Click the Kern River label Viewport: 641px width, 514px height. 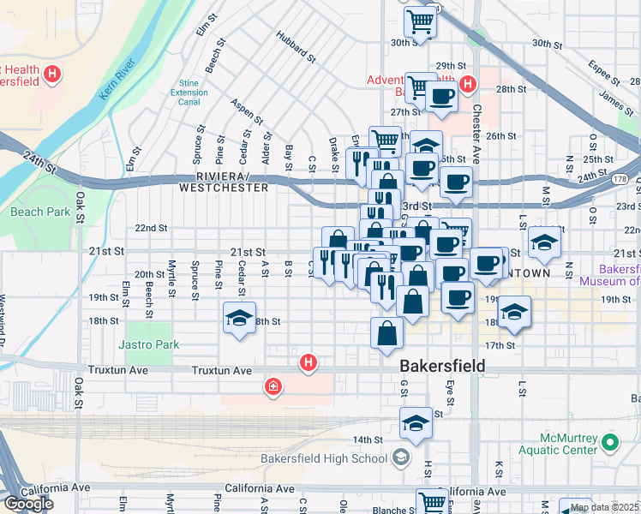coord(117,79)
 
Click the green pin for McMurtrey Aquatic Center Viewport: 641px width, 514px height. coord(610,443)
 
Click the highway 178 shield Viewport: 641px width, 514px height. coord(619,179)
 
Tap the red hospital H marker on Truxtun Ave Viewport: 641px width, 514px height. coord(309,364)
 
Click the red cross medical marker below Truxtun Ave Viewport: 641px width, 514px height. coord(273,388)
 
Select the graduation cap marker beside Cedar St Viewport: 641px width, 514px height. coord(239,320)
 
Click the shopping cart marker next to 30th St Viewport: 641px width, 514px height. coord(420,21)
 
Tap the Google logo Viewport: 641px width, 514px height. coord(29,504)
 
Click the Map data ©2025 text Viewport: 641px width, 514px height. coord(603,506)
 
